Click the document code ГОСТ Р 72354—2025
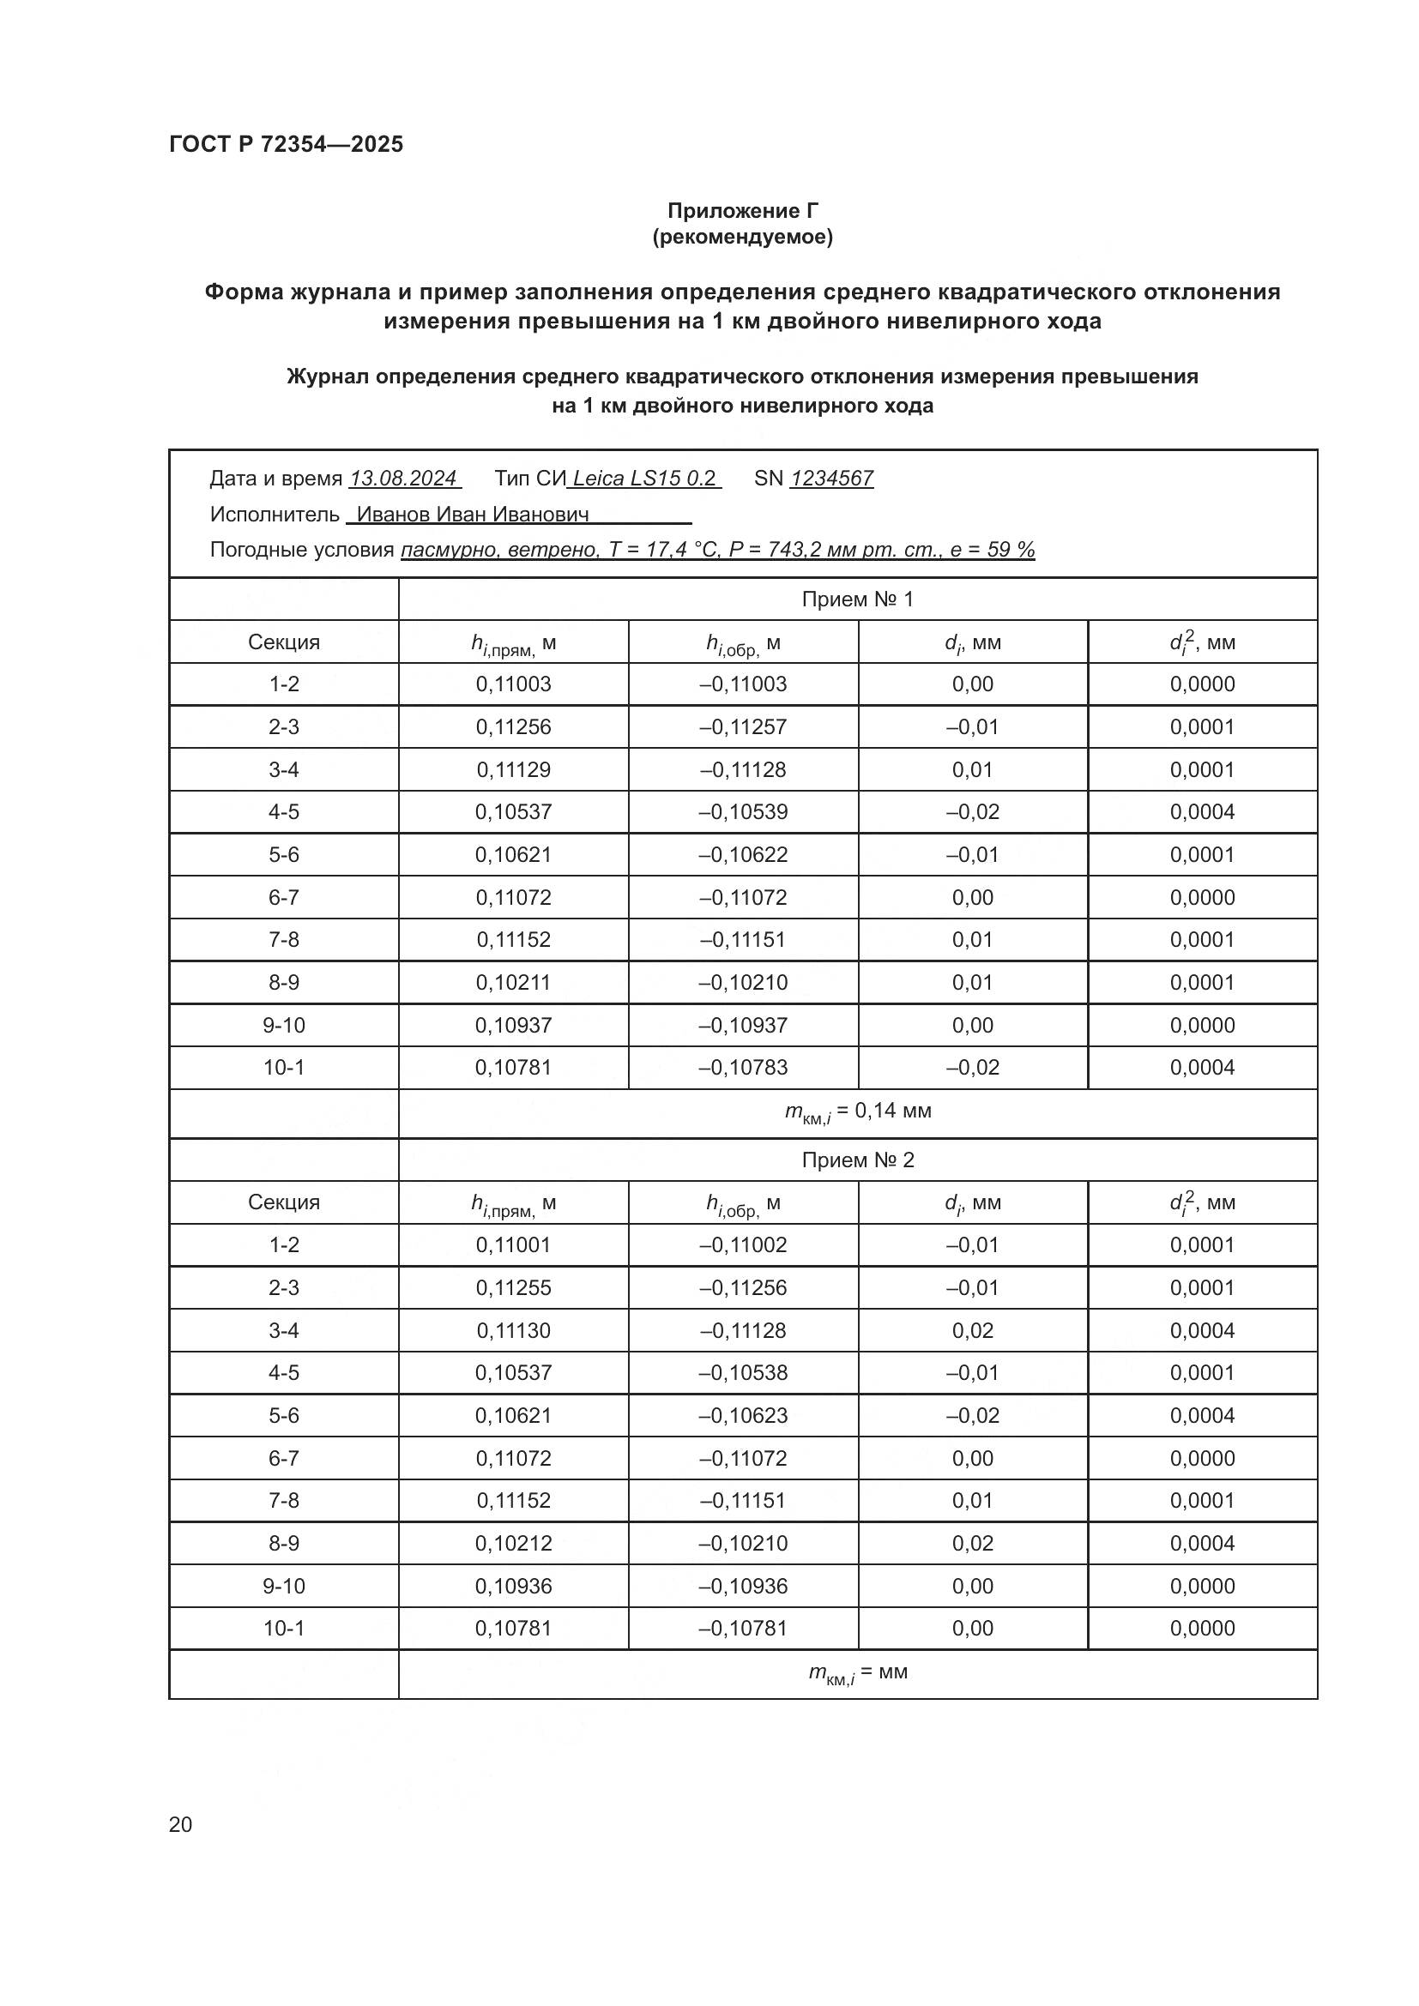[x=286, y=144]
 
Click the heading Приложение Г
[x=743, y=211]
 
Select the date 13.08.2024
[x=403, y=478]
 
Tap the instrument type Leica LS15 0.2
[x=644, y=478]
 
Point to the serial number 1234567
[x=832, y=478]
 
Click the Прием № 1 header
[x=857, y=599]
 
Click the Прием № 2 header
[x=857, y=1160]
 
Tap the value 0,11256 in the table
[x=513, y=727]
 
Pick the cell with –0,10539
[x=743, y=811]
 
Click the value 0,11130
[x=513, y=1330]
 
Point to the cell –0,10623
[x=743, y=1414]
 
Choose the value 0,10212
[x=513, y=1543]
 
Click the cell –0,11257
[x=743, y=727]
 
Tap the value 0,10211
[x=513, y=982]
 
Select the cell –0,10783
[x=743, y=1067]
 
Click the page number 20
[x=180, y=1824]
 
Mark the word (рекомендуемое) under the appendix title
[x=743, y=237]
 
